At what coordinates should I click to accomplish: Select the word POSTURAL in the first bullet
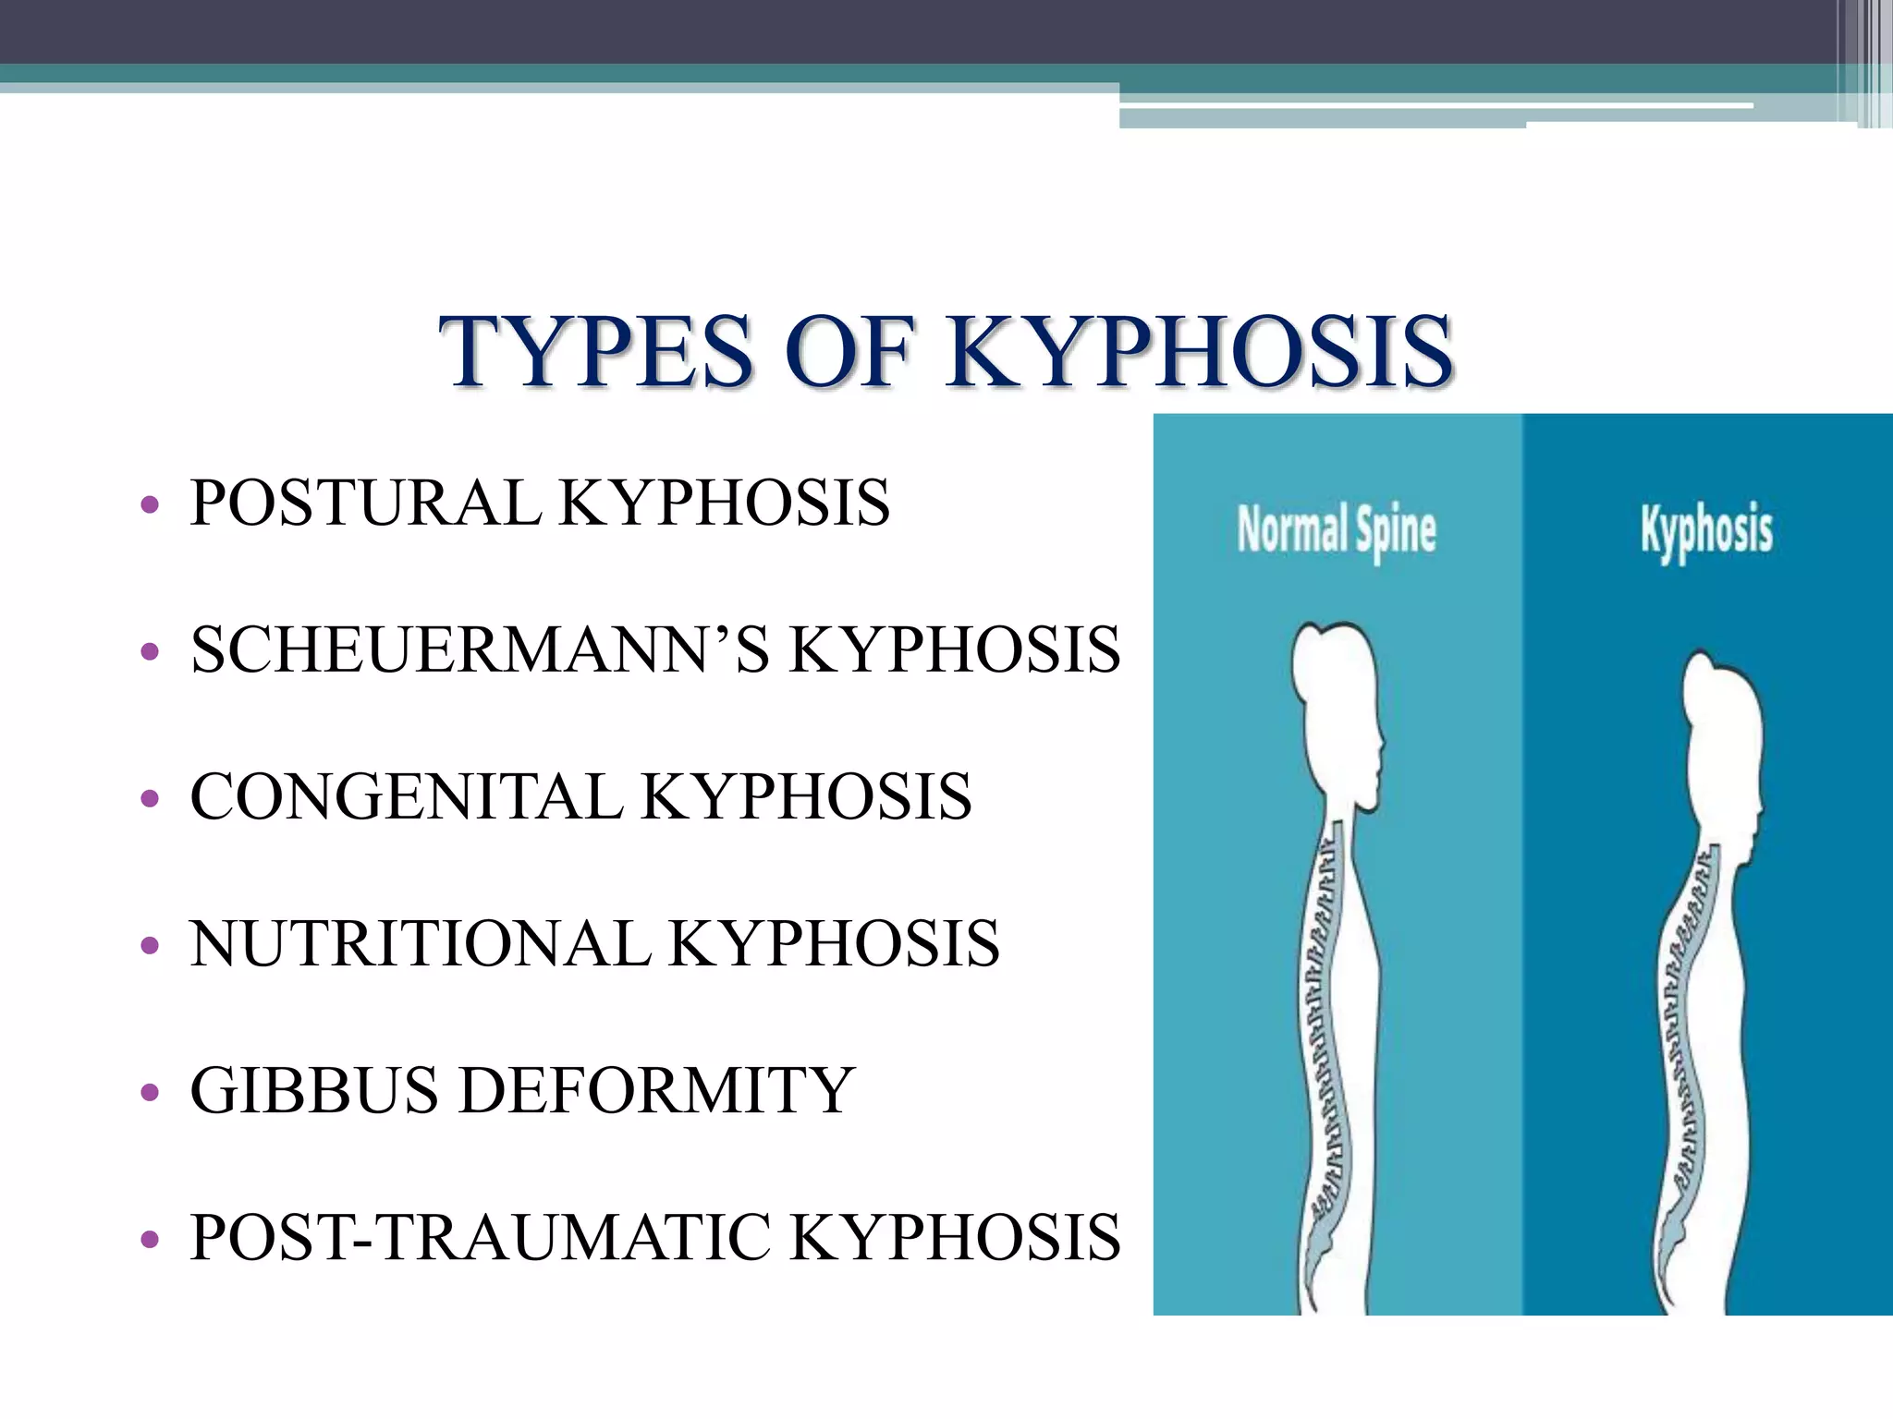[x=365, y=503]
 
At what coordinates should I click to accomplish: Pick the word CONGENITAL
[x=407, y=796]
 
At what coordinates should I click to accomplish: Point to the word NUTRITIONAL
[x=420, y=943]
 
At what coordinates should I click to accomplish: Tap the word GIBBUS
[x=313, y=1090]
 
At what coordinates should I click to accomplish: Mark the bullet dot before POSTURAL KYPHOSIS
[x=149, y=506]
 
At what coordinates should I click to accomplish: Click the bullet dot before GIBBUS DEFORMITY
[x=149, y=1093]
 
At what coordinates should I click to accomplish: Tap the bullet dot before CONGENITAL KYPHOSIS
[x=149, y=799]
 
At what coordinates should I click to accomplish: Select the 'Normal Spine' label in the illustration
[x=1337, y=531]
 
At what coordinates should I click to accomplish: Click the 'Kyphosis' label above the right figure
[x=1706, y=531]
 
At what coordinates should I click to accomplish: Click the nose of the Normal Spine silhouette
[x=1381, y=744]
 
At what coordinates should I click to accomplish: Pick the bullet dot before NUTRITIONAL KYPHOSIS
[x=149, y=946]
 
